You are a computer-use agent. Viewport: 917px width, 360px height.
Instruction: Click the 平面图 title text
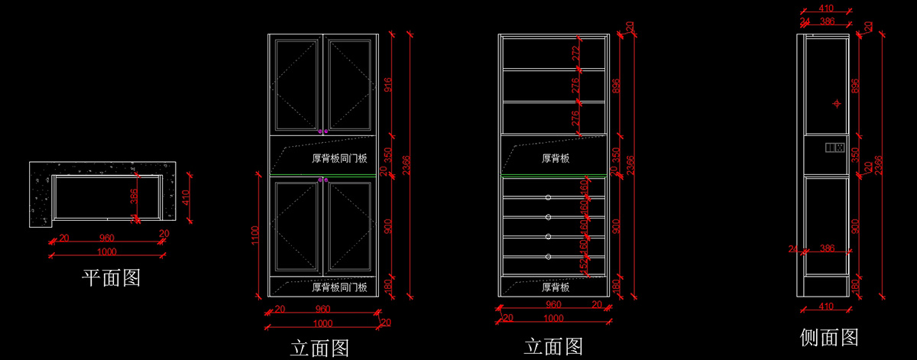coord(111,277)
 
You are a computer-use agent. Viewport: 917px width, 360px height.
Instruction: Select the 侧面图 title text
coord(829,337)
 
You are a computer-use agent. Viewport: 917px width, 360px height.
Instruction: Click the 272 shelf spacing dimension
coord(576,53)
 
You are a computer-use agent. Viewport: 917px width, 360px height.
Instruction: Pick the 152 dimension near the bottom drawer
coord(585,265)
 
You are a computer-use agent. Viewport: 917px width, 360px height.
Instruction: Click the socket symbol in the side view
coord(834,146)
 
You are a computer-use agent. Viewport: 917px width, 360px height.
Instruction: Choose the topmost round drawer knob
coord(548,198)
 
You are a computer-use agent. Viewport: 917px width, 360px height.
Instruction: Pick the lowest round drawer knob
coord(548,257)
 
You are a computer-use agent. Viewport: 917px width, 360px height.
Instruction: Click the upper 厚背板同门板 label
coord(340,159)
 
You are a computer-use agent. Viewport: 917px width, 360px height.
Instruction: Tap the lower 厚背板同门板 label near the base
coord(340,287)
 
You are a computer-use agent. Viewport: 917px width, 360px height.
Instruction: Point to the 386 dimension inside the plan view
coord(134,197)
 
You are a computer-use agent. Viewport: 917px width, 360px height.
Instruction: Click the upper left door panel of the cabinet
coord(295,84)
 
